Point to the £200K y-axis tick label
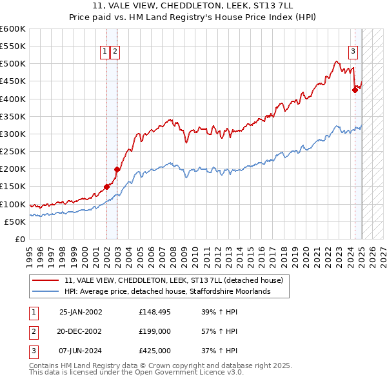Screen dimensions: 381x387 [x=12, y=169]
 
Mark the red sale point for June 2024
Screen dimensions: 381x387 [x=355, y=90]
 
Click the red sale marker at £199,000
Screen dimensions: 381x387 [x=117, y=170]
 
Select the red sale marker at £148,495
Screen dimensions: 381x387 [x=107, y=187]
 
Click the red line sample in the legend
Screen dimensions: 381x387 [x=46, y=281]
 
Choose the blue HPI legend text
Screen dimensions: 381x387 [x=167, y=292]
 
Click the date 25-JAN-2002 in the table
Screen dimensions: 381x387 [x=81, y=312]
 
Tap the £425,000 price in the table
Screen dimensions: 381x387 [x=155, y=351]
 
